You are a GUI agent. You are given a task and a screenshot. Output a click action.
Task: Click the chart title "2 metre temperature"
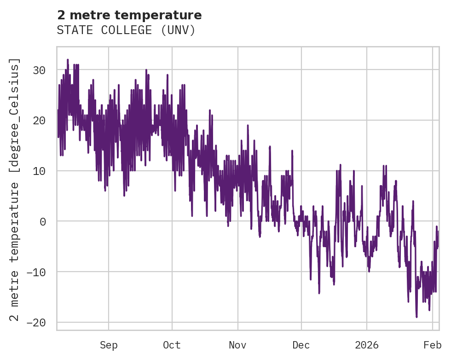tap(129, 15)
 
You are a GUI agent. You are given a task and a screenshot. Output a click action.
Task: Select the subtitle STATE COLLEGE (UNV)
tap(126, 30)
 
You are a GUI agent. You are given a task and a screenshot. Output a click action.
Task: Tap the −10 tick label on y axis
tap(37, 272)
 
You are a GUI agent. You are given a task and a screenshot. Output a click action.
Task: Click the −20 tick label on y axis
tap(37, 322)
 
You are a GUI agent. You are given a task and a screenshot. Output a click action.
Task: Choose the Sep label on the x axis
tap(109, 345)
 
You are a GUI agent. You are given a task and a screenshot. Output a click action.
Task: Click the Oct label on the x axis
tap(172, 345)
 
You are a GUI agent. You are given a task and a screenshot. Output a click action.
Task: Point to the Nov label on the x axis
tap(238, 345)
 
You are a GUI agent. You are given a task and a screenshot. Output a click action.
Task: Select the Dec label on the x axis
tap(301, 345)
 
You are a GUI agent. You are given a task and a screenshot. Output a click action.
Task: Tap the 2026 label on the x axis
tap(367, 345)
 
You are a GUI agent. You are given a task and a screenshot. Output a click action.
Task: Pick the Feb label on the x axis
tap(433, 345)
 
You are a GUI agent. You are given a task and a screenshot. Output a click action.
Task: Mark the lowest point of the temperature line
tap(416, 317)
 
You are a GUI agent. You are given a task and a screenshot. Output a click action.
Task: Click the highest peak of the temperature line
tap(68, 59)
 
